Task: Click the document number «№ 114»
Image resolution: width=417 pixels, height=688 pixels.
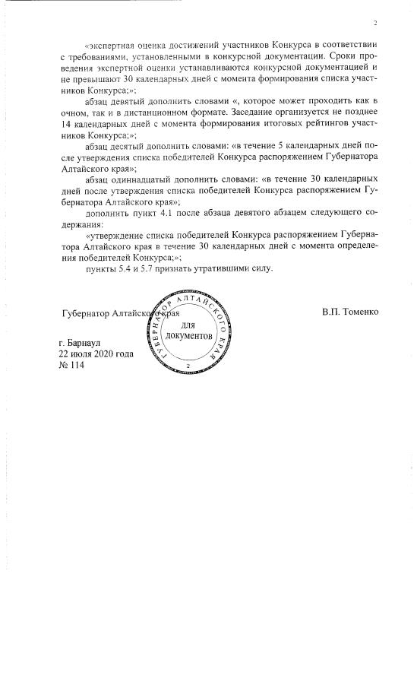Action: click(74, 365)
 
